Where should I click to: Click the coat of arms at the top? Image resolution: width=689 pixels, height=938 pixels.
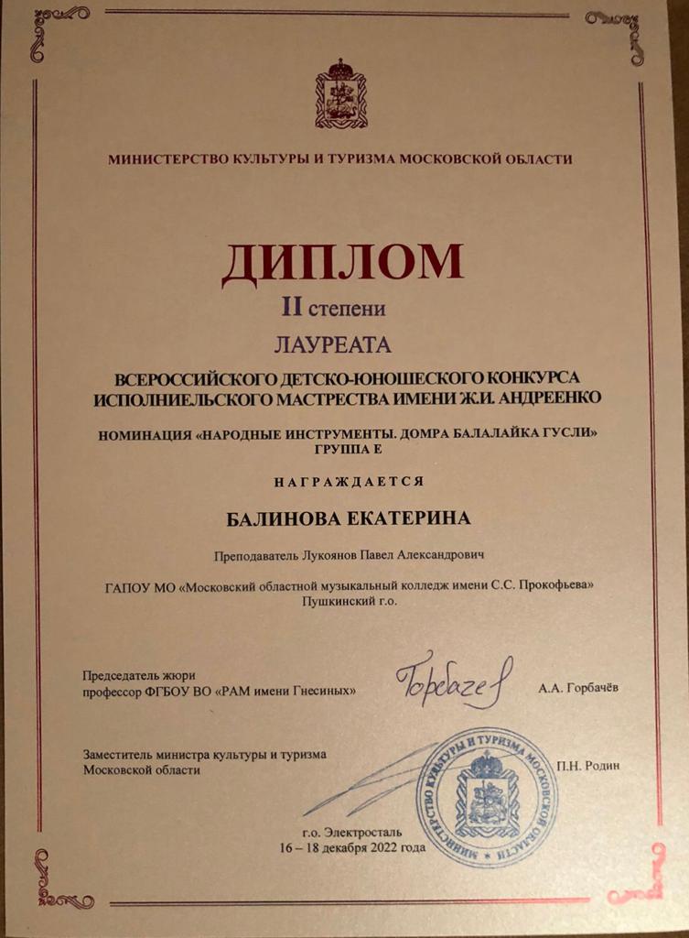click(340, 94)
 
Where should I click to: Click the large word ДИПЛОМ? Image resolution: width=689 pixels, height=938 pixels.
click(341, 263)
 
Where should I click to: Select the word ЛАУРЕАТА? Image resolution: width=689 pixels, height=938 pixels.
click(332, 344)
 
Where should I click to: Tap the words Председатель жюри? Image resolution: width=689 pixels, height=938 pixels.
click(139, 675)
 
